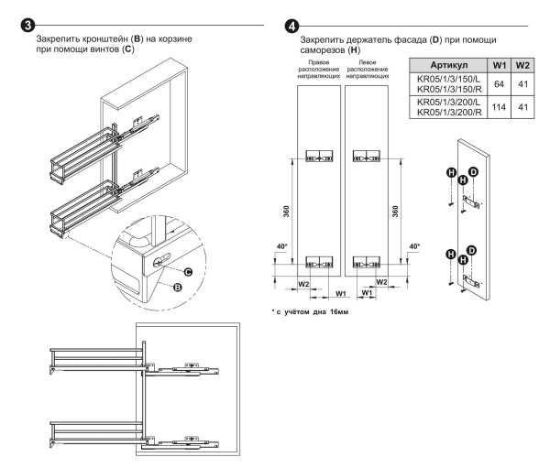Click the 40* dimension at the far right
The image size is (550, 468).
click(x=412, y=246)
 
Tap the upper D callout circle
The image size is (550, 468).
click(x=473, y=172)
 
